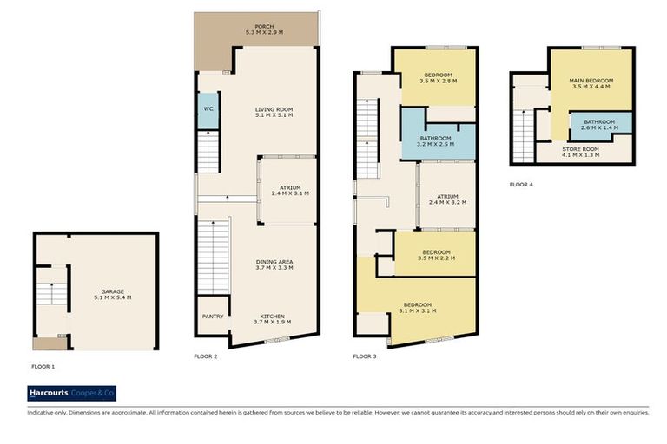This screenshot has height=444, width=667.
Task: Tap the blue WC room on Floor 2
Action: [208, 111]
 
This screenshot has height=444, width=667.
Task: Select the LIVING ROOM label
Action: [273, 109]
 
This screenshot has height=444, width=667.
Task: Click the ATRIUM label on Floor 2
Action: [289, 187]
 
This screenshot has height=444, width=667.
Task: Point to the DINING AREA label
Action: [274, 262]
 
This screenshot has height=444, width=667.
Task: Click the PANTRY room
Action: [213, 317]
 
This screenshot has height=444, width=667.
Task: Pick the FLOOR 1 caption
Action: [43, 367]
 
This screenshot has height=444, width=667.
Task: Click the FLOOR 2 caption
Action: [205, 356]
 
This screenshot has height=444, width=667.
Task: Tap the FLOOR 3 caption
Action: [365, 356]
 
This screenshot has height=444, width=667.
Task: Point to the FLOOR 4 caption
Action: [520, 184]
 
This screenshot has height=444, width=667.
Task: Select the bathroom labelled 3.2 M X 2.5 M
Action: [435, 139]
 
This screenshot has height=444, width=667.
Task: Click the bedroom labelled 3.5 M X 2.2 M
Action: [434, 254]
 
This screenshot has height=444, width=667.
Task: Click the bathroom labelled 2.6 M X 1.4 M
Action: [599, 124]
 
